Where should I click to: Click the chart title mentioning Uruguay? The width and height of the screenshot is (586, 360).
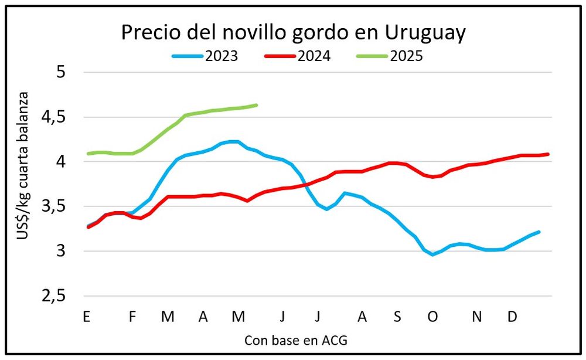click(293, 32)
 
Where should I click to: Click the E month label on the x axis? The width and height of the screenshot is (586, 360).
click(87, 317)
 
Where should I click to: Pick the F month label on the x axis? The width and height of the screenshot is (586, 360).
click(132, 317)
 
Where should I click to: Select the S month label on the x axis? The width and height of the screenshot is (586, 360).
click(397, 317)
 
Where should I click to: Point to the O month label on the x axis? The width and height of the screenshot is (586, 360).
click(432, 317)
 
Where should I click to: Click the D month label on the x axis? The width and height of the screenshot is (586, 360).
click(512, 317)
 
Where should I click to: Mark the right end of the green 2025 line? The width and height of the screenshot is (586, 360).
click(257, 105)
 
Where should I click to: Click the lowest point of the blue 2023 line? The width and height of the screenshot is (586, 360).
click(432, 254)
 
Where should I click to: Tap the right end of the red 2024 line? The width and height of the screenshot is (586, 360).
click(547, 154)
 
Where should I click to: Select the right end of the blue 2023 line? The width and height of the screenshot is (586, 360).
click(539, 232)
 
